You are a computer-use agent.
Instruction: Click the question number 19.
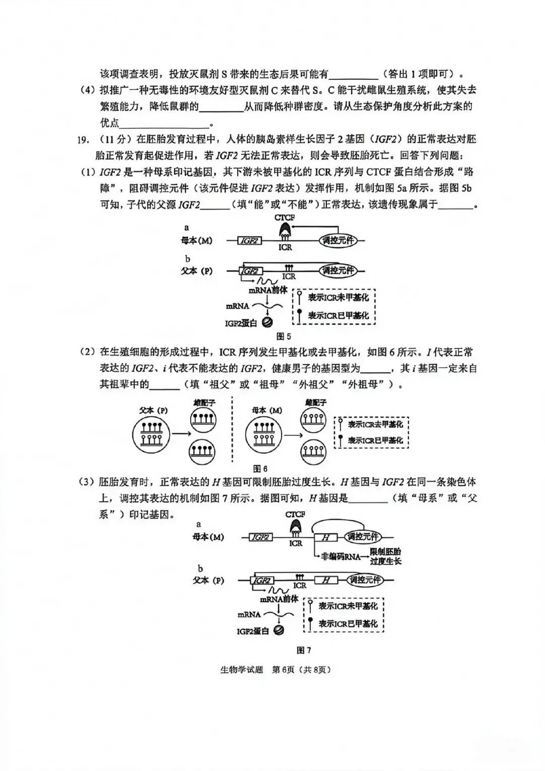(x=83, y=139)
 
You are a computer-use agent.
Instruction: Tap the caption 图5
(x=284, y=336)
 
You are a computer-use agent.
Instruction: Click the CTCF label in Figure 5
(x=285, y=217)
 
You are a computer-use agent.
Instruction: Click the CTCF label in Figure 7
(x=295, y=514)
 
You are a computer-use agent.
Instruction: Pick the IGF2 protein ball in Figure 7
(x=278, y=630)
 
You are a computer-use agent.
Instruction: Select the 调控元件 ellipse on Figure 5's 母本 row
(x=338, y=240)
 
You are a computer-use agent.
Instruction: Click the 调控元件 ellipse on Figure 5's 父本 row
(x=338, y=270)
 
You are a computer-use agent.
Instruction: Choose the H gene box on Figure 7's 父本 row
(x=326, y=580)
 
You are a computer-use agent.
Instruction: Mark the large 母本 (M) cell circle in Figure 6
(x=264, y=434)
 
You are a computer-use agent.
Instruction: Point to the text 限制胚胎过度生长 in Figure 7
(x=386, y=556)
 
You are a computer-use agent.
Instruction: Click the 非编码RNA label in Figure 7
(x=342, y=556)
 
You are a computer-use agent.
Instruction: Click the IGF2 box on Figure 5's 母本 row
(x=249, y=241)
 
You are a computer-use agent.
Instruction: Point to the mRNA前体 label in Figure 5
(x=267, y=291)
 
